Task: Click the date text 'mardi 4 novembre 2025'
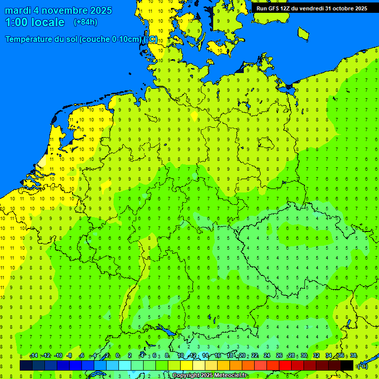[58, 10]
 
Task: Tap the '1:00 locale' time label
[35, 22]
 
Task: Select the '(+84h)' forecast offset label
[85, 22]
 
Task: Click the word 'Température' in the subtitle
[29, 39]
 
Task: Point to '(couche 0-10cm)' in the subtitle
[112, 39]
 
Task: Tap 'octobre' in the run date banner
[339, 8]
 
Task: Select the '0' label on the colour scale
[117, 356]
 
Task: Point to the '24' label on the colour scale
[267, 356]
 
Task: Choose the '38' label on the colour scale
[353, 356]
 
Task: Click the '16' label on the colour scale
[218, 356]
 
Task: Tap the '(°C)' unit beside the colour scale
[362, 366]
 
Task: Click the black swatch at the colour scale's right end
[347, 365]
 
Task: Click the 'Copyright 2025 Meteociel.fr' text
[210, 376]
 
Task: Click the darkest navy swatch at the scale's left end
[26, 365]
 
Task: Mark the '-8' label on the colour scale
[70, 356]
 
